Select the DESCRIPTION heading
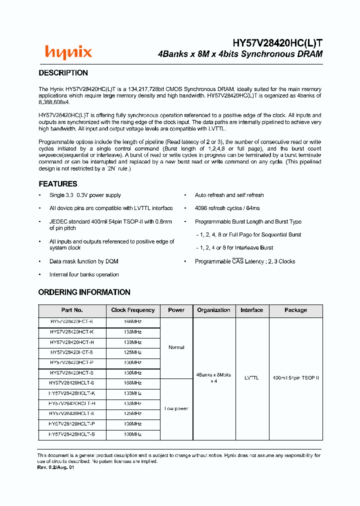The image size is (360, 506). click(x=63, y=73)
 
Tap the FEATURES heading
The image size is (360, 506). click(x=58, y=184)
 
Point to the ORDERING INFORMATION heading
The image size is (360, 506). click(x=84, y=292)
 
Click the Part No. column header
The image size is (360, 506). click(x=72, y=310)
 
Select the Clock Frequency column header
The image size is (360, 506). click(x=133, y=310)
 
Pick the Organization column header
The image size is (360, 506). click(x=213, y=310)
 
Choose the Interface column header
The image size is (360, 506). click(x=251, y=310)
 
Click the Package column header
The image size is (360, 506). click(x=295, y=310)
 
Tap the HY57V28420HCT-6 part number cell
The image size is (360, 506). click(x=72, y=322)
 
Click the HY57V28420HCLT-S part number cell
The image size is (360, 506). click(x=72, y=434)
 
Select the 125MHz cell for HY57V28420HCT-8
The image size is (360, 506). click(x=133, y=352)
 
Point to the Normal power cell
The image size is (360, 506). click(x=176, y=347)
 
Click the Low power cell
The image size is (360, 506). click(x=176, y=409)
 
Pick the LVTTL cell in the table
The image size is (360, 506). click(x=251, y=378)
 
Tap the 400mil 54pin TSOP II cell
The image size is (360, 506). click(x=295, y=378)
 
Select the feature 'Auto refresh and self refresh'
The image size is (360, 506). click(x=229, y=195)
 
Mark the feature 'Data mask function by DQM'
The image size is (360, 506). click(x=83, y=261)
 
